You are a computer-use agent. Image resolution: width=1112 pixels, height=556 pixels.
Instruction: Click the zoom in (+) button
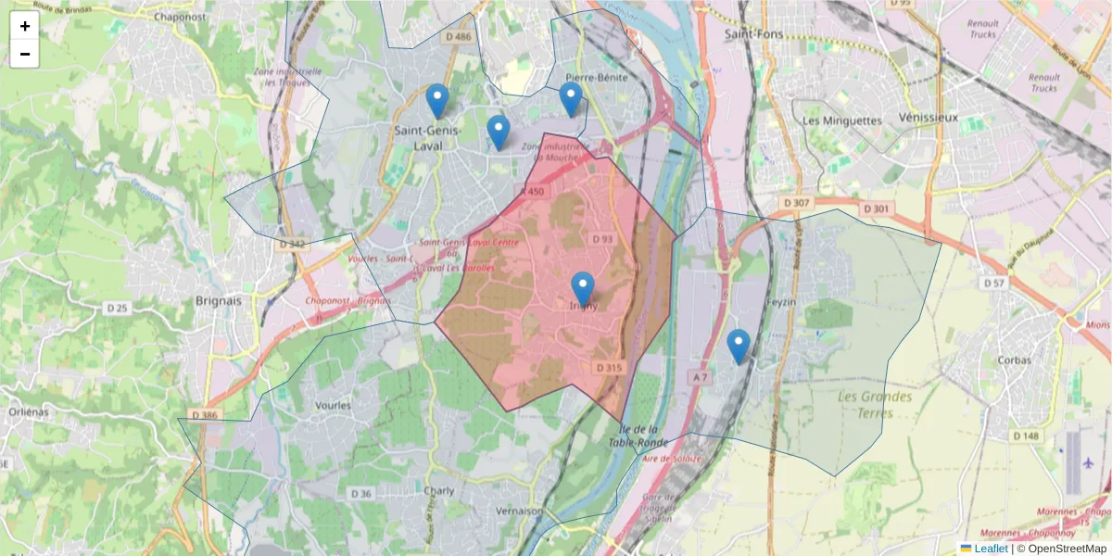25,26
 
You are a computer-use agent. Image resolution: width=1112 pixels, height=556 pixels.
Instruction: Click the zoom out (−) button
25,54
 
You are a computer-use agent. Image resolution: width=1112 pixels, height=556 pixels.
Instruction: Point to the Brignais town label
219,301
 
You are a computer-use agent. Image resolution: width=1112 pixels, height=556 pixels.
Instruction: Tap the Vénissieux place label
929,118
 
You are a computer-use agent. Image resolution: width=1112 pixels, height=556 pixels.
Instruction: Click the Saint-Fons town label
753,34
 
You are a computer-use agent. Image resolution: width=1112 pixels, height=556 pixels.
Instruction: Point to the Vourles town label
334,405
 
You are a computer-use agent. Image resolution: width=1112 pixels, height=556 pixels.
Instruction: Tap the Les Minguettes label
841,120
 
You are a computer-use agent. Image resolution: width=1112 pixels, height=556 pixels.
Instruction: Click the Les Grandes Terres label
875,405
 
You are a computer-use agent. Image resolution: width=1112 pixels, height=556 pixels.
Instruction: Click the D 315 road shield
609,368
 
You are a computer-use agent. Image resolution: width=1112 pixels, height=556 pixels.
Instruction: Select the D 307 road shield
796,203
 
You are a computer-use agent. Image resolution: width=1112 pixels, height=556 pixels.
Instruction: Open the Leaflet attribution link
990,549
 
